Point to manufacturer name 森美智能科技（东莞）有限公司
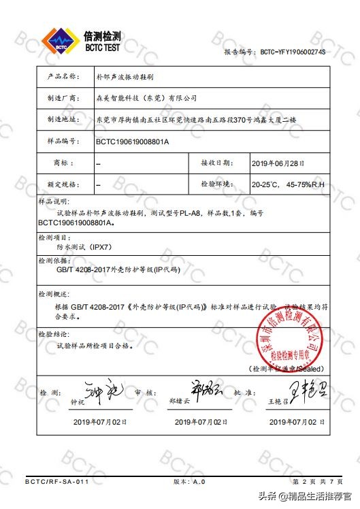point(146,97)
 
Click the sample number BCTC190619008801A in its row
point(132,142)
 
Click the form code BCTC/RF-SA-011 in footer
point(57,482)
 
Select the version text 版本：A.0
point(189,482)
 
